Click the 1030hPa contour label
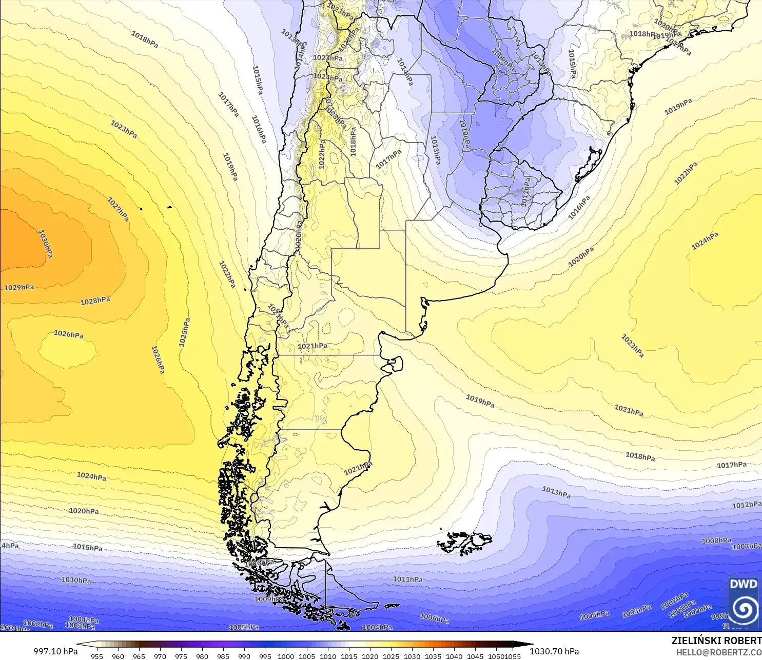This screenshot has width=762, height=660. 46,244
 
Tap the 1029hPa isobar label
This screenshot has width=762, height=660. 19,287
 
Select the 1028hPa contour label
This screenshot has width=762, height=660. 95,301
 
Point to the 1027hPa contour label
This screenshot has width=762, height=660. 118,209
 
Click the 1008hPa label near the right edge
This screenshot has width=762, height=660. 716,541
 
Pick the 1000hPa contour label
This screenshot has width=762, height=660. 697,610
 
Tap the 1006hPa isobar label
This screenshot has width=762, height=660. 434,618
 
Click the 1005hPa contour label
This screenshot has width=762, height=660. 244,627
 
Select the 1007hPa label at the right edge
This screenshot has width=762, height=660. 747,547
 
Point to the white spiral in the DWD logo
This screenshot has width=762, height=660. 744,610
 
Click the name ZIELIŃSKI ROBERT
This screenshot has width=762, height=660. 716,641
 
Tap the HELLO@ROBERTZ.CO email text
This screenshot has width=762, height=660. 718,652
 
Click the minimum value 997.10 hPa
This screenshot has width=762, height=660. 55,651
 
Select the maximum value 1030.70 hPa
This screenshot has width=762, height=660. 554,651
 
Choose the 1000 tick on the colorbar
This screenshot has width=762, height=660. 286,656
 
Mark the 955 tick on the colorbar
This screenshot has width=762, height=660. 97,656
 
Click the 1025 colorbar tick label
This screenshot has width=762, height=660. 391,656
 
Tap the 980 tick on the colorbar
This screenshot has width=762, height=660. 202,656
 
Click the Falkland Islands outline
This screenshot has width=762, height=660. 465,543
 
